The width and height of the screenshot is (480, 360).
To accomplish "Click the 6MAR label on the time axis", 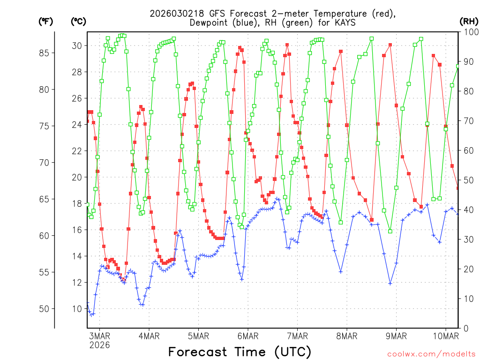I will [x=248, y=336].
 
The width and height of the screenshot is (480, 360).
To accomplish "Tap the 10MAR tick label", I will [x=446, y=336].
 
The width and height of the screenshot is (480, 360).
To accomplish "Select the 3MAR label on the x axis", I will [x=99, y=336].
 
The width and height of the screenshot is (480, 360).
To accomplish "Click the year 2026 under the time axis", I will [x=99, y=345].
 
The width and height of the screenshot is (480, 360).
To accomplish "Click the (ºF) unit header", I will [x=45, y=21].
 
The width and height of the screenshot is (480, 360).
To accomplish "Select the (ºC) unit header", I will [x=78, y=21].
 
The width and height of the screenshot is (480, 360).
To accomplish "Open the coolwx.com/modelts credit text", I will [x=431, y=353].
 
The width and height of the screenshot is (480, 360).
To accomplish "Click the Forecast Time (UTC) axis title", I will [x=240, y=352].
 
